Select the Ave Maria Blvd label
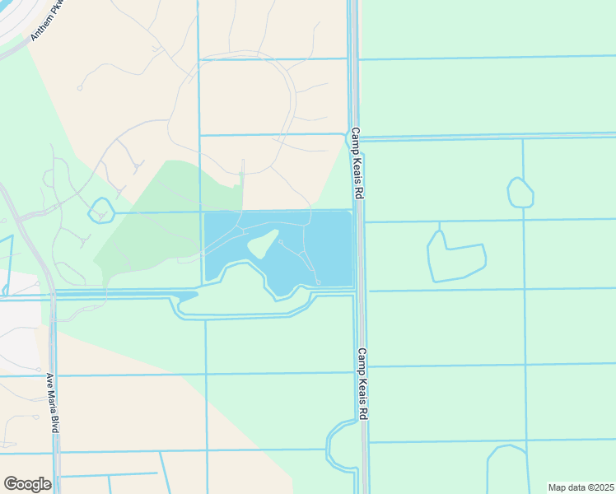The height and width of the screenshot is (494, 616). pos(54,402)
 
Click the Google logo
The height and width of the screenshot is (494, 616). pos(27,484)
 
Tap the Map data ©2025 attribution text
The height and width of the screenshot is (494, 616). pos(581,487)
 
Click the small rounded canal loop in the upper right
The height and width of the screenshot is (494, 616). pos(520,193)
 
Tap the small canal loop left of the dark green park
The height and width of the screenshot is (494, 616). pos(100,210)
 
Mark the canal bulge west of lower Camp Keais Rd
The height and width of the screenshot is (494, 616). pos(339,445)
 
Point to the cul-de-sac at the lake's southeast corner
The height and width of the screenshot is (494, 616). pos(318,282)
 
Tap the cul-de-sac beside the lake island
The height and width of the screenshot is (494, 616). pos(281,242)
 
